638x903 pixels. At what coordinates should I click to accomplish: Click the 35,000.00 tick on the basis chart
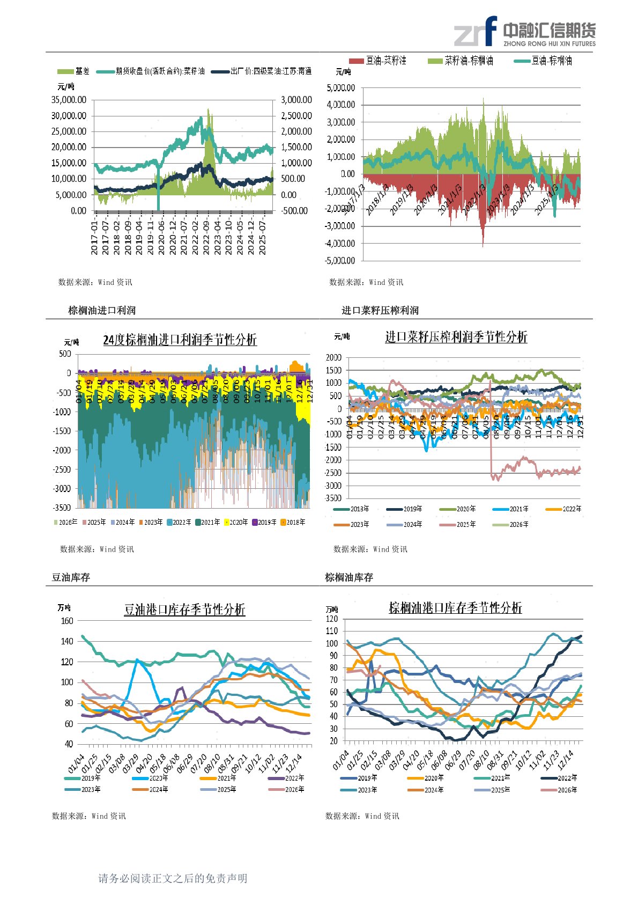pos(69,100)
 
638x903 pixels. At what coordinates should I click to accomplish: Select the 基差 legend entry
pos(74,71)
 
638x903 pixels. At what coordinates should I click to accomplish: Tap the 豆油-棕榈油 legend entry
pos(543,61)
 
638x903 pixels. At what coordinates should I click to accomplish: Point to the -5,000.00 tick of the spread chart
pos(340,261)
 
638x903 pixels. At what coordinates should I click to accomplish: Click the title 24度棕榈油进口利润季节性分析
pos(180,340)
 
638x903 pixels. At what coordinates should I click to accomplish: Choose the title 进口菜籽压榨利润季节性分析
pos(456,337)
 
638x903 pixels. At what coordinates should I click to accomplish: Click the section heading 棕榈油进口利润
pos(102,311)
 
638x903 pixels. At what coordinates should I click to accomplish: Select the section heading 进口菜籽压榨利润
pos(380,311)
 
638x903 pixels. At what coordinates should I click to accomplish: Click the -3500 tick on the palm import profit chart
pos(62,508)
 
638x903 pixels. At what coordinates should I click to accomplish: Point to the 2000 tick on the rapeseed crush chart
pos(333,357)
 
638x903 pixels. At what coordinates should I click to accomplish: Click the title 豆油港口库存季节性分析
pos(184,610)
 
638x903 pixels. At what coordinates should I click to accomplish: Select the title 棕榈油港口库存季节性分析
pos(455,608)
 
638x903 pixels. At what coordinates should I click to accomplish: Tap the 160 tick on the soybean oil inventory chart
pos(67,621)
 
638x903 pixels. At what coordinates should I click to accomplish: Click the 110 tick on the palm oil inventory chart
pos(332,632)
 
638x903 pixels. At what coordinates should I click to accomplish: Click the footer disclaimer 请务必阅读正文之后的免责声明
pos(173,878)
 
